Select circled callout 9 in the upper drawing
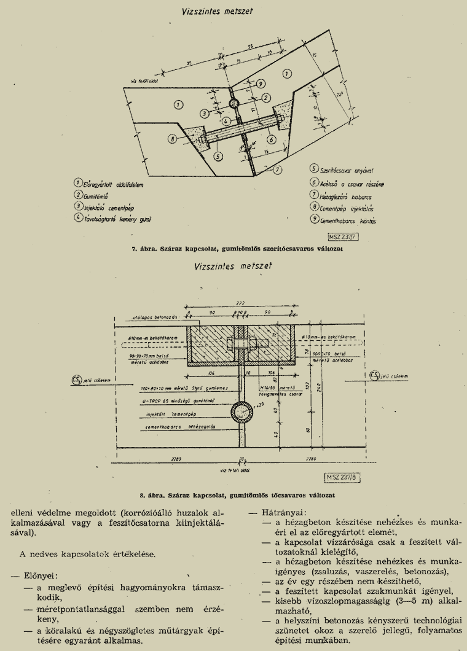coord(261,83)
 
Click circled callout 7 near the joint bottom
coord(278,170)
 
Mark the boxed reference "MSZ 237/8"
coord(340,476)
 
